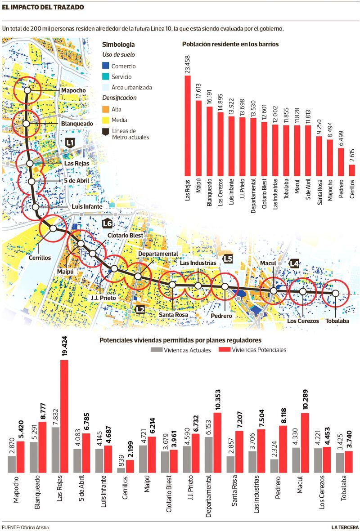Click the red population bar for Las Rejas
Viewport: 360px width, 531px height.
click(x=187, y=126)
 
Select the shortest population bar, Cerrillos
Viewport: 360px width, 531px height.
click(x=352, y=170)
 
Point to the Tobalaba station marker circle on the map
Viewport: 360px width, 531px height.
click(x=335, y=293)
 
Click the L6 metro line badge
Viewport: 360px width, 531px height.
click(x=108, y=223)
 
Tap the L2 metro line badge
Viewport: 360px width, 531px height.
click(x=140, y=309)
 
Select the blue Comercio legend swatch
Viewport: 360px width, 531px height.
click(x=105, y=66)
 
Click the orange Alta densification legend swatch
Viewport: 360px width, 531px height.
click(x=105, y=109)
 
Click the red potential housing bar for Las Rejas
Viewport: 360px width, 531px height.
click(x=64, y=416)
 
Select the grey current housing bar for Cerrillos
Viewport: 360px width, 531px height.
click(x=121, y=469)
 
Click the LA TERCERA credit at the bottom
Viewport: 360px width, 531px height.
click(x=345, y=527)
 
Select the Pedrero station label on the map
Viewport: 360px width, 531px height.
click(x=221, y=316)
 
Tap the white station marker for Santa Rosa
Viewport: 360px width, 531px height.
click(x=172, y=285)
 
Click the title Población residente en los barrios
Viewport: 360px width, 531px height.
click(x=230, y=45)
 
